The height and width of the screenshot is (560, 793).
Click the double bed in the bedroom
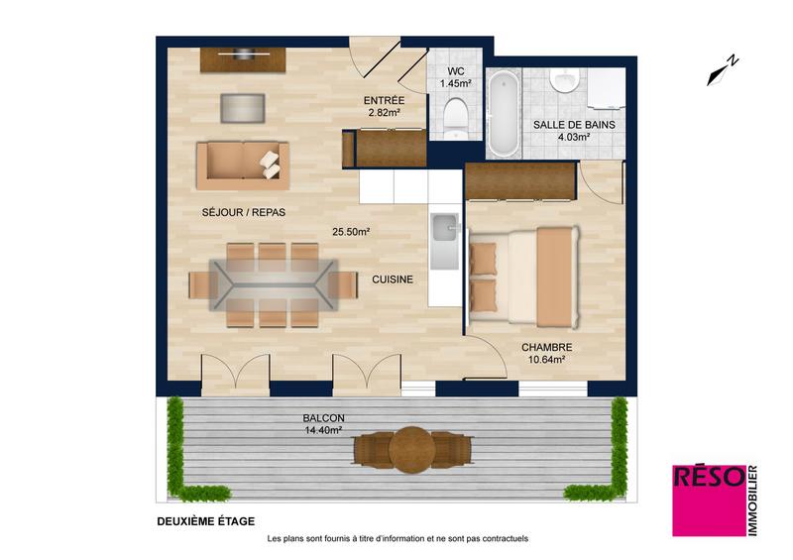click(523, 276)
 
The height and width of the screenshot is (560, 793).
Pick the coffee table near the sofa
click(243, 106)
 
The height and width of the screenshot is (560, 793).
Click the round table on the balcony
click(410, 449)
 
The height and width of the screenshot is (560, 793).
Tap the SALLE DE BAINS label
click(574, 125)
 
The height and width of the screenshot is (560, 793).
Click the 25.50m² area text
click(351, 232)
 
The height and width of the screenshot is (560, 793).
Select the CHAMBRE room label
click(546, 347)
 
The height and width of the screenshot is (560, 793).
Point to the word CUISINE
click(393, 280)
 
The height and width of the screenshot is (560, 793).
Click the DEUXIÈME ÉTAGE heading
click(205, 520)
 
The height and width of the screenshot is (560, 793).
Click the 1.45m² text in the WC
click(456, 83)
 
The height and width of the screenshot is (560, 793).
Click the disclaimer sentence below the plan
click(397, 539)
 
